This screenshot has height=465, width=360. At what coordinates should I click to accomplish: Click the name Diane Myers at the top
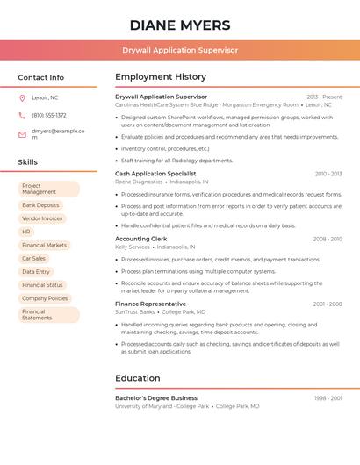(x=180, y=25)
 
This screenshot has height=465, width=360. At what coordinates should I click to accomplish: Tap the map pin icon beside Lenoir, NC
(x=22, y=97)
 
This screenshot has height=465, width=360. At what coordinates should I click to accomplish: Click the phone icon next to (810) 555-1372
(x=22, y=115)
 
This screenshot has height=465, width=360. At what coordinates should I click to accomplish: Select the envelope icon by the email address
(x=22, y=134)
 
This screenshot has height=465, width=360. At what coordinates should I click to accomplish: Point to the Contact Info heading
(x=40, y=77)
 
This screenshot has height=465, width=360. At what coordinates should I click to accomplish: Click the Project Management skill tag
(x=48, y=189)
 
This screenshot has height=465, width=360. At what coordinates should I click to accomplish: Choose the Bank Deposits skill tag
(x=40, y=205)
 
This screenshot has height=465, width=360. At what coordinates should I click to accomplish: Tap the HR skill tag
(x=26, y=232)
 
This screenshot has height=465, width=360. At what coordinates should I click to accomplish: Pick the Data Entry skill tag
(x=36, y=272)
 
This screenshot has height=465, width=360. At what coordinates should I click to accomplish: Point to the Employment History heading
(x=161, y=77)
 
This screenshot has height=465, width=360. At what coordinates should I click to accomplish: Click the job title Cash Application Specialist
(x=155, y=174)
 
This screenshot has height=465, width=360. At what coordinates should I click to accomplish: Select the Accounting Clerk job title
(x=140, y=239)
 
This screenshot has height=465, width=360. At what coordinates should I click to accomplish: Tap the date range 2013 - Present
(x=324, y=97)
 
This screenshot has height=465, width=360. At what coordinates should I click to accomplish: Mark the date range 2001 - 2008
(x=327, y=304)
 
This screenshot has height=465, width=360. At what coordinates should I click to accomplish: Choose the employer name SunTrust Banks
(x=134, y=311)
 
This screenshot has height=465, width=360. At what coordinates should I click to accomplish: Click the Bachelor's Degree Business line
(x=156, y=398)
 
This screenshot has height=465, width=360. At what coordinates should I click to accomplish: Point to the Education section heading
(x=137, y=378)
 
